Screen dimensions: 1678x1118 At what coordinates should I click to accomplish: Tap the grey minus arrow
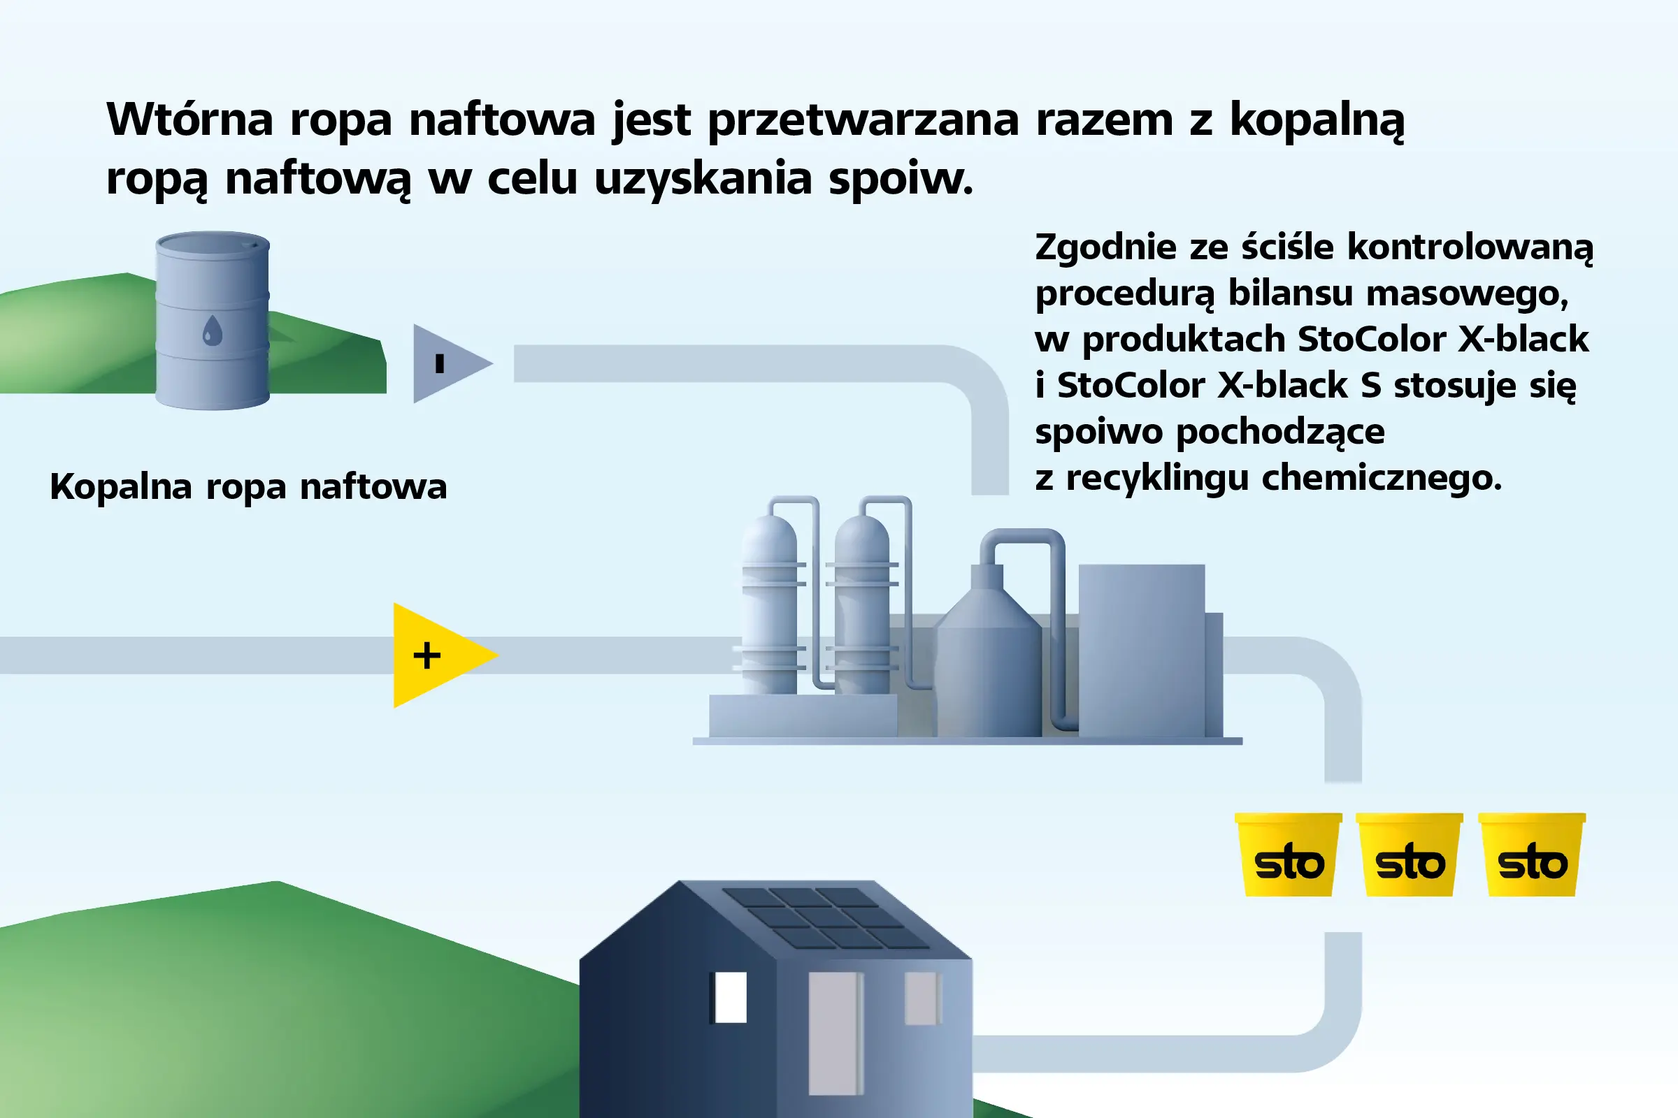click(x=450, y=363)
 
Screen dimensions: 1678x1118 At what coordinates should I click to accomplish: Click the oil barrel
click(x=213, y=320)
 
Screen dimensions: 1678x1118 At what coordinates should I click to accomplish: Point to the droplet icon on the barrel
click(x=213, y=330)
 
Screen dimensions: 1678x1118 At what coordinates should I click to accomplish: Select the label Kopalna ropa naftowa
click(x=248, y=488)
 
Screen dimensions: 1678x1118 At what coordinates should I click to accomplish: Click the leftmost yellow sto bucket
click(x=1289, y=854)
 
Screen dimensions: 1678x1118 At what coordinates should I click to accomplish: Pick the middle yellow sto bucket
click(x=1410, y=854)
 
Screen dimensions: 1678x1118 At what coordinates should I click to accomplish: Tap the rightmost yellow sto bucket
click(x=1532, y=854)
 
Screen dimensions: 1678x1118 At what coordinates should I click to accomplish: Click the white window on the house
click(x=731, y=997)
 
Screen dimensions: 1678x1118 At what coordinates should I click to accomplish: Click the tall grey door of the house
click(x=836, y=1034)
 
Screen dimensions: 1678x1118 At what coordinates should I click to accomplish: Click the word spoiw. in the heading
click(x=901, y=178)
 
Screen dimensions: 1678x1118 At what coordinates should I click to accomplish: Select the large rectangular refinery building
click(x=1142, y=651)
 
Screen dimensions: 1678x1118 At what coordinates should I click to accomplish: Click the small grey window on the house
click(x=923, y=999)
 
